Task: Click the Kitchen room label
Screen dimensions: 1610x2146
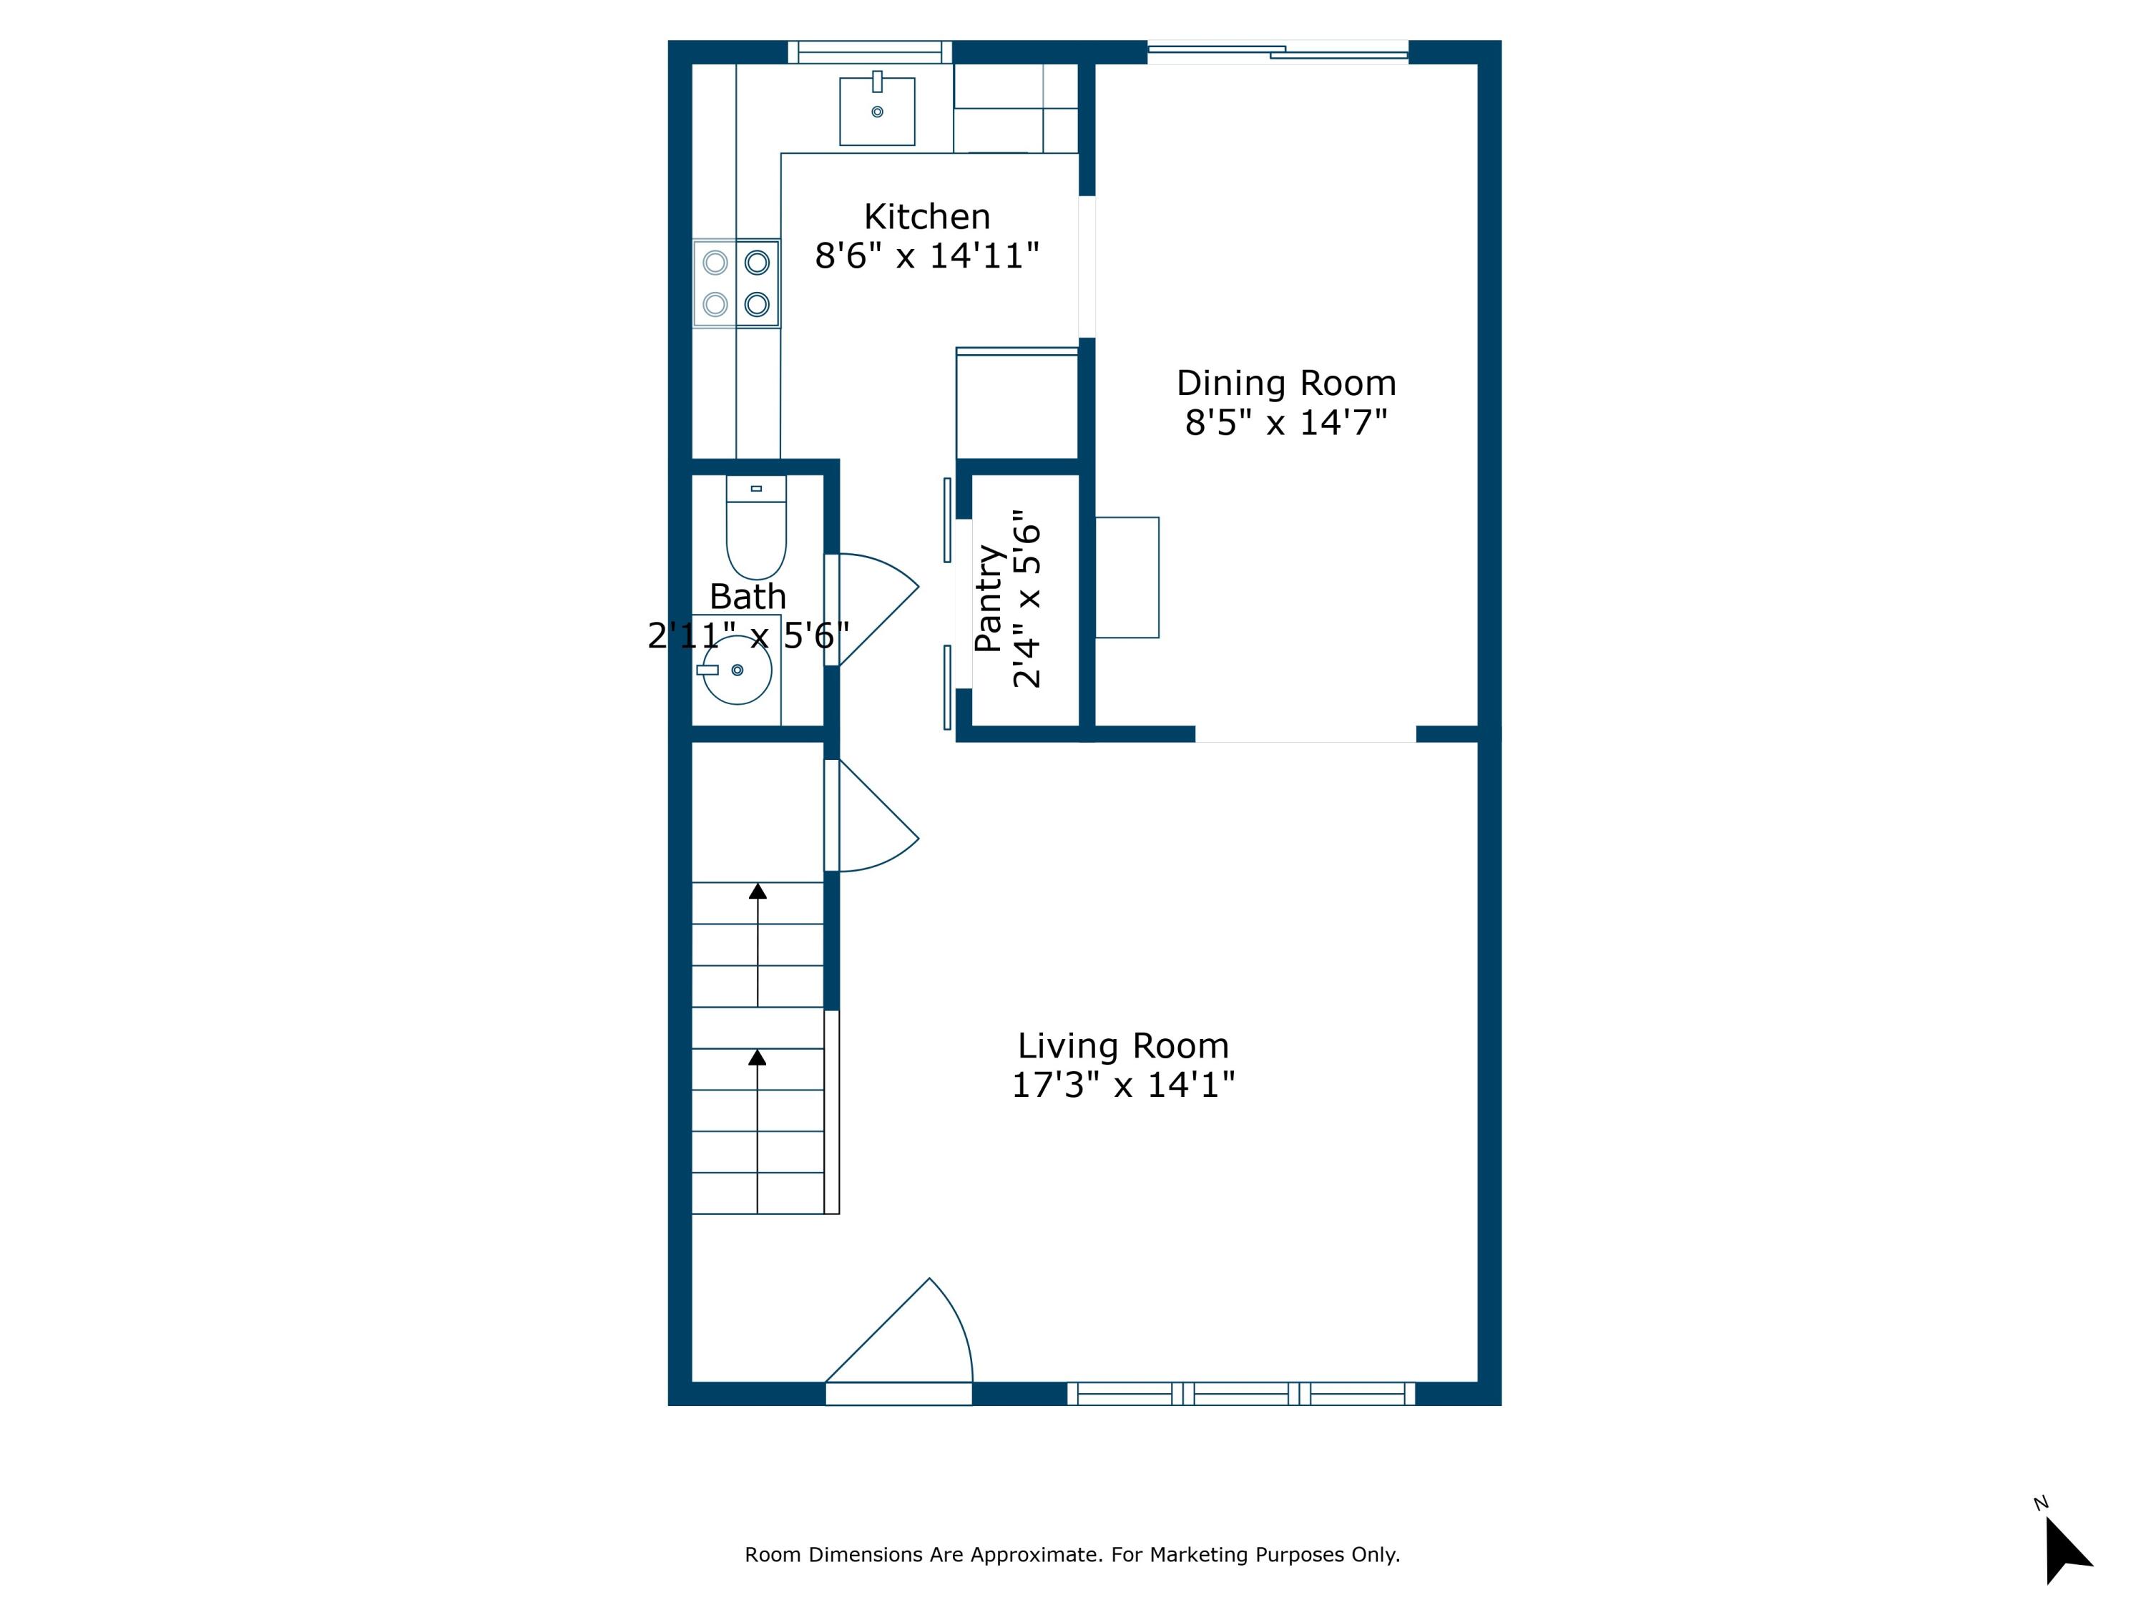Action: (926, 216)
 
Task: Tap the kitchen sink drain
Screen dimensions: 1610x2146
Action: (877, 112)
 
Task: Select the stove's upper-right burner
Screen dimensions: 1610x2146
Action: (757, 262)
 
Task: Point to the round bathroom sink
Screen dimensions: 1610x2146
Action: (738, 670)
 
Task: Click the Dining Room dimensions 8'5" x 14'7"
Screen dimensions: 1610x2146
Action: (1285, 423)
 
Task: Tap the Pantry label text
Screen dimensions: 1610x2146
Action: (989, 599)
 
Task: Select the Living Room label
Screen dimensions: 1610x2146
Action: (1122, 1046)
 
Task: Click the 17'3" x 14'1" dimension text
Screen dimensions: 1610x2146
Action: (1122, 1085)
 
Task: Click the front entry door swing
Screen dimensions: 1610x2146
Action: (912, 1340)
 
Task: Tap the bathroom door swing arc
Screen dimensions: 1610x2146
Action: (878, 607)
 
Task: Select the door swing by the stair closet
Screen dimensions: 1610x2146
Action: (878, 820)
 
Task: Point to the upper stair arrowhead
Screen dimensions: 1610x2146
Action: (758, 891)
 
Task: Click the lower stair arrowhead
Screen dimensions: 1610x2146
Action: (758, 1057)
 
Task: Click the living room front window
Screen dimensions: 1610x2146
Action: (1241, 1394)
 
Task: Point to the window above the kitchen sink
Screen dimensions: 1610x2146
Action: (869, 52)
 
